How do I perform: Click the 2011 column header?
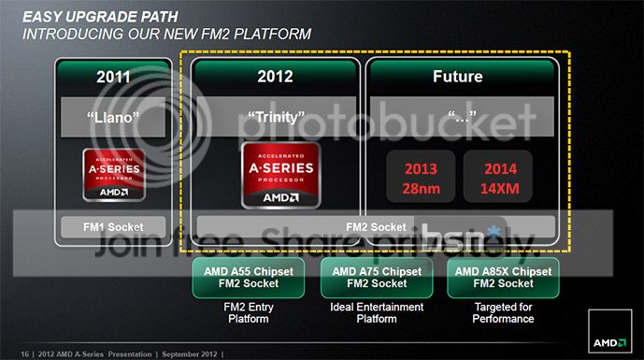(113, 77)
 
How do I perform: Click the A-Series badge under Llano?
(113, 174)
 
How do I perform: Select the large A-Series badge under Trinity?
(279, 174)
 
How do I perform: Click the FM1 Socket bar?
(113, 225)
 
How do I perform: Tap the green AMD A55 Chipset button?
(233, 279)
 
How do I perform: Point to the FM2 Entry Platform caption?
(233, 313)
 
